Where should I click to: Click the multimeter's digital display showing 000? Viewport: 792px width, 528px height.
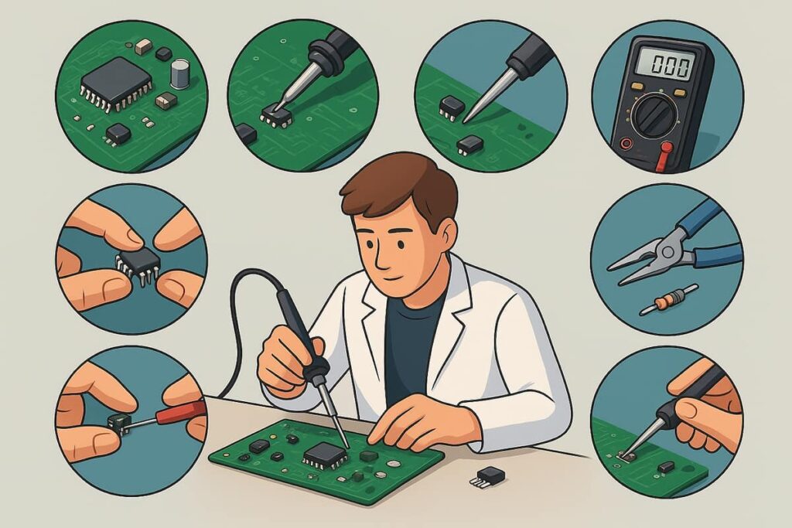[x=664, y=65]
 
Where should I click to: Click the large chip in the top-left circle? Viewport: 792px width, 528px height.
[x=116, y=83]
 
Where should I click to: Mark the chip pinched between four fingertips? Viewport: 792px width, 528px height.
[x=138, y=264]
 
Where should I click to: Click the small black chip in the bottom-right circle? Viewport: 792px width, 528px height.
[x=666, y=467]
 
